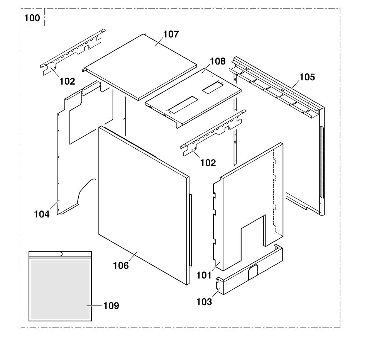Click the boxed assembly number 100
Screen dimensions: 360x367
[32, 18]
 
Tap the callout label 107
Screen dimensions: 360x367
[171, 34]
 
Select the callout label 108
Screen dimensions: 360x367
[217, 61]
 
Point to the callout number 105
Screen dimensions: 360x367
[307, 77]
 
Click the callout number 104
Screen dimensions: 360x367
[42, 214]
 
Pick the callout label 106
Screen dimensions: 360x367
[121, 265]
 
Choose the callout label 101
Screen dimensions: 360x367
[204, 275]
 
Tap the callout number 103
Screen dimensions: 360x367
[204, 302]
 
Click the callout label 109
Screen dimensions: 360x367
[111, 306]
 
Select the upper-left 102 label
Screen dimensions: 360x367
[67, 82]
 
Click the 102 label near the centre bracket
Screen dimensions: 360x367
[208, 163]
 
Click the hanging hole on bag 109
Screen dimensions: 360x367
[61, 254]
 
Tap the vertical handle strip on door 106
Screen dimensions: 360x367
[190, 230]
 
